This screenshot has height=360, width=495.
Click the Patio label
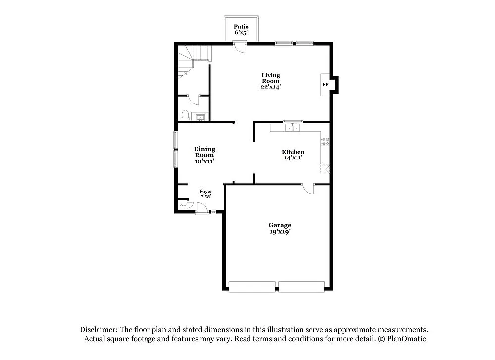241,26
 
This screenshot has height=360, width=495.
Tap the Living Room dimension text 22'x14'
271,87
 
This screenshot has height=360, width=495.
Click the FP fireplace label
325,85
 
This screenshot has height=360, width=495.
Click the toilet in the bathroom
185,116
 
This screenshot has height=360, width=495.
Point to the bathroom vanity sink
200,118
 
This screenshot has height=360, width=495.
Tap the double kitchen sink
292,128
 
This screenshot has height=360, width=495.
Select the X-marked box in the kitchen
325,170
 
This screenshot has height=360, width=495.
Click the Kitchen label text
293,152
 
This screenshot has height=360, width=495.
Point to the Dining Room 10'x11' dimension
204,161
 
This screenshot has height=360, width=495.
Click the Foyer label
206,191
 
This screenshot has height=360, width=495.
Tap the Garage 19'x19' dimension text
280,231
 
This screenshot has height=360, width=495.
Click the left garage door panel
252,286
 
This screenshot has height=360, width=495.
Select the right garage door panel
301,286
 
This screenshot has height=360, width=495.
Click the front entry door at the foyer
201,208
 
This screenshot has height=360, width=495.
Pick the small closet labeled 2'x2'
183,205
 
